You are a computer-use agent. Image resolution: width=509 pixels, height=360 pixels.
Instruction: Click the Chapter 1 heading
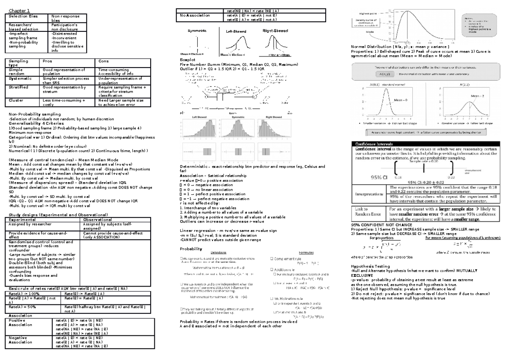click(18, 10)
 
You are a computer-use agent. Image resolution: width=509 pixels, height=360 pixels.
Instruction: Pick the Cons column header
click(104, 61)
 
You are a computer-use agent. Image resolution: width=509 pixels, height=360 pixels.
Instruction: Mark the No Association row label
click(196, 15)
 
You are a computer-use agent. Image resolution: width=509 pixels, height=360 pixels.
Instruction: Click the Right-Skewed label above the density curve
click(276, 31)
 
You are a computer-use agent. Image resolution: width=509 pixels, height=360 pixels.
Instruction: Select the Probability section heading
click(191, 248)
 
